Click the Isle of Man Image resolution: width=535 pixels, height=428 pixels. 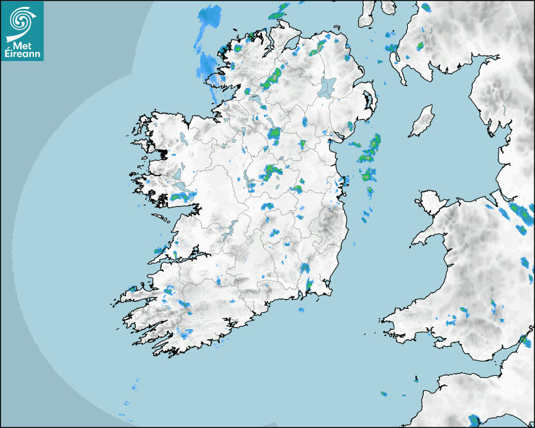422,121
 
